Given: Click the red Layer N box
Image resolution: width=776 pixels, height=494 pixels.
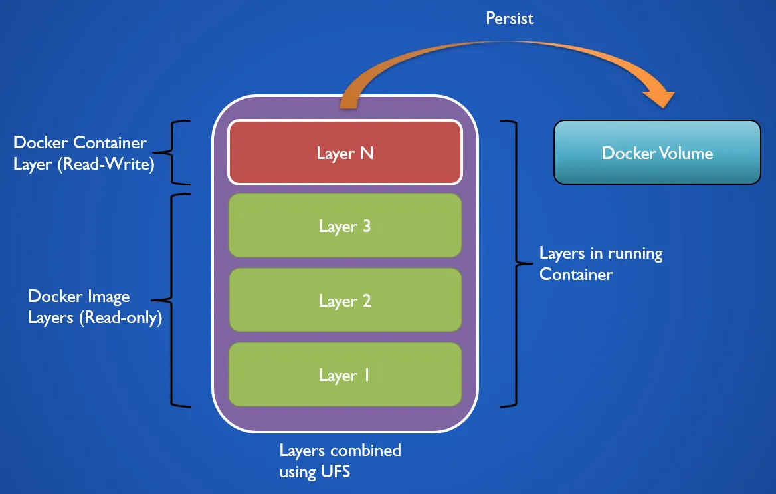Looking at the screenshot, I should click(345, 152).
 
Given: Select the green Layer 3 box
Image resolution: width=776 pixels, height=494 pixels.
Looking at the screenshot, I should click(345, 225).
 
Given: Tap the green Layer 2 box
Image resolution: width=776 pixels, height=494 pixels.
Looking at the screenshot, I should click(345, 301).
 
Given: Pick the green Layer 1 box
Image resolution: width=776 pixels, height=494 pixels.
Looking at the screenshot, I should click(345, 375).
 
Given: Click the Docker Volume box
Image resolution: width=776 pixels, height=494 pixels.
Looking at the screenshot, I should click(657, 153).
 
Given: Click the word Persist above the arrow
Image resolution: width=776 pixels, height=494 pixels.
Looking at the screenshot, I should click(510, 18).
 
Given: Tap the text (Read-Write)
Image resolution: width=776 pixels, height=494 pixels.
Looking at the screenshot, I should click(106, 164).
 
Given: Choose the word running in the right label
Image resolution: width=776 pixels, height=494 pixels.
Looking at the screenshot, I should click(632, 253).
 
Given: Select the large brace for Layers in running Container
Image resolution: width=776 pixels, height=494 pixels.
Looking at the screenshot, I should click(513, 264).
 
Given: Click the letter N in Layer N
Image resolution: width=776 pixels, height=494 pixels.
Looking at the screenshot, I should click(366, 153).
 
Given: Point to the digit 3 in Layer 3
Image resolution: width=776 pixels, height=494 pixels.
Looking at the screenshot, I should click(366, 226).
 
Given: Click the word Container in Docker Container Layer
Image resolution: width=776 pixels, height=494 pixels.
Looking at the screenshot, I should click(110, 142).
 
